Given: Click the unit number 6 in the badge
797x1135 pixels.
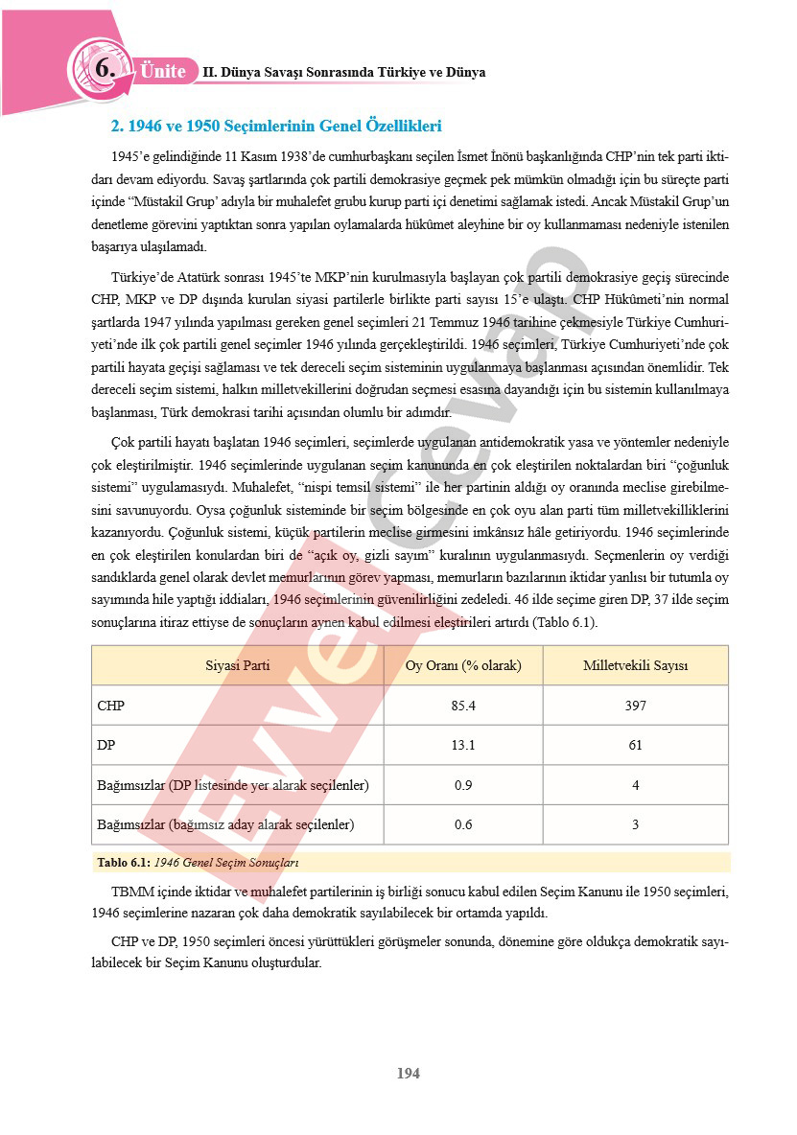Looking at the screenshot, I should (x=105, y=69).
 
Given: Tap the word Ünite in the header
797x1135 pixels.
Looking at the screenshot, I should (x=163, y=71).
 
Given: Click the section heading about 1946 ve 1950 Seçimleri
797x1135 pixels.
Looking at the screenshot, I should (x=276, y=126).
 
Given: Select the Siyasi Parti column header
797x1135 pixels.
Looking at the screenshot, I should (x=238, y=665).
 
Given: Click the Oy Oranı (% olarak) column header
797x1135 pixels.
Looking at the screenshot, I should (x=463, y=665).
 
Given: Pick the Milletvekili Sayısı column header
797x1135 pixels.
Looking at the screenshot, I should (x=635, y=665).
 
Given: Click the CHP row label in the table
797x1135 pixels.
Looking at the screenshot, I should (x=111, y=706).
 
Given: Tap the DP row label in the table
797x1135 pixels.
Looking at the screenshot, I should (x=106, y=745).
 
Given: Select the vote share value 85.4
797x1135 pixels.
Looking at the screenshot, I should (x=463, y=706).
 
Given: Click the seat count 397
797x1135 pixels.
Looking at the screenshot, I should (x=635, y=706).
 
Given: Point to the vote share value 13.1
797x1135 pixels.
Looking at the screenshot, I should (x=463, y=745).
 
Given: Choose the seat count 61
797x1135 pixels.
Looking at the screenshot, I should (x=635, y=745).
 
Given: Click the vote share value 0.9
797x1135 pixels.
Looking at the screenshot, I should (x=463, y=785).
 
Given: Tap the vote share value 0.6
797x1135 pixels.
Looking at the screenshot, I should (x=463, y=824).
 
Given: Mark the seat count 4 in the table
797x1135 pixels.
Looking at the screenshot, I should (x=635, y=785).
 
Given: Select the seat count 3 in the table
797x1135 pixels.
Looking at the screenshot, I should (x=635, y=824).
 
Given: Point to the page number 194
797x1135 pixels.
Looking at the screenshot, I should (x=409, y=1073).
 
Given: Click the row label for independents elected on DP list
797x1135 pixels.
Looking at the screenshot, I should (x=233, y=785).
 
